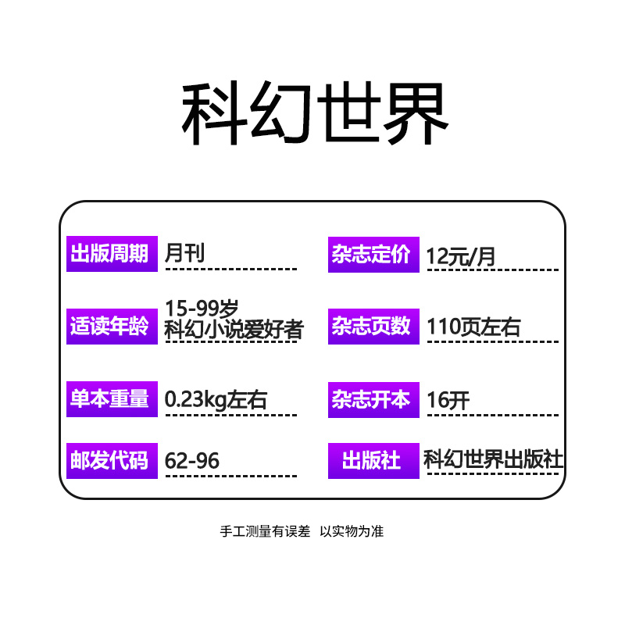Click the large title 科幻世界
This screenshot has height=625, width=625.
315,115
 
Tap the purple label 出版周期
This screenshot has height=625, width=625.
111,254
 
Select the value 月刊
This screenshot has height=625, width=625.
185,252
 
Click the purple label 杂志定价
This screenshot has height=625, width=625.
373,255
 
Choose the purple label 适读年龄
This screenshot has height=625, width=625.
111,327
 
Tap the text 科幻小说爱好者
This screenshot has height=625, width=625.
234,330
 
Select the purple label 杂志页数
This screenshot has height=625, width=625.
373,327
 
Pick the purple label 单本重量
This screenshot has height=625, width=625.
111,399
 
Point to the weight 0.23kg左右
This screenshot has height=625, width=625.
216,400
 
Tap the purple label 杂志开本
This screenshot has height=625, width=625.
373,399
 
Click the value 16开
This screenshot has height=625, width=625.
448,400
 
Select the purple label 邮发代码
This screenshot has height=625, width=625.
111,460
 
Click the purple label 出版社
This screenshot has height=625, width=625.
373,460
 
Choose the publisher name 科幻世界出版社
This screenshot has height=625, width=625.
493,459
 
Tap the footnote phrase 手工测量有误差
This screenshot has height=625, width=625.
267,531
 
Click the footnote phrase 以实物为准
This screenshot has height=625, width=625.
352,531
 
